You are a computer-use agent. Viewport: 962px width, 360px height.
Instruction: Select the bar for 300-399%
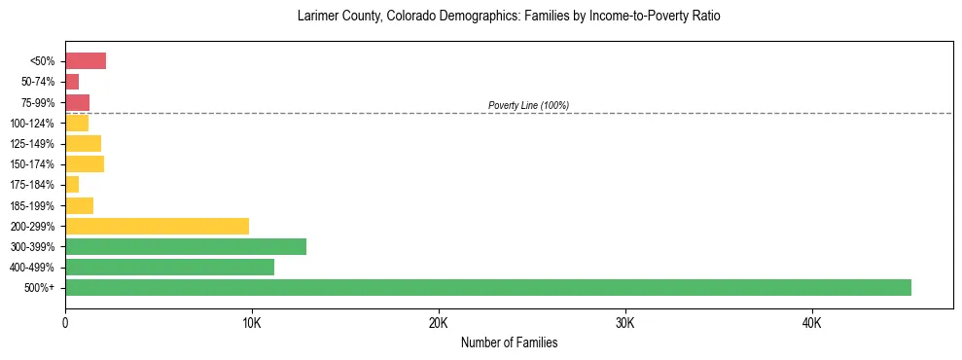tap(186, 246)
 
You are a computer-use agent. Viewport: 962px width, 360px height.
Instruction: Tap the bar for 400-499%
tap(169, 267)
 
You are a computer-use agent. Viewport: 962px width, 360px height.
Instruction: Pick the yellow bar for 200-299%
tap(157, 226)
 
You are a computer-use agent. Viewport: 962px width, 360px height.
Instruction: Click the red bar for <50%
tap(86, 61)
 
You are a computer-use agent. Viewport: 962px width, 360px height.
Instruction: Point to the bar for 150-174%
tap(85, 164)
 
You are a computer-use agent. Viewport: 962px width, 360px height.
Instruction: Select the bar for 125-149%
tap(83, 144)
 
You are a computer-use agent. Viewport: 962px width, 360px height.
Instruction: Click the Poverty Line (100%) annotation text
tap(528, 105)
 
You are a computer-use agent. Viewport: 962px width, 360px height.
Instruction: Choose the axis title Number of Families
tap(509, 343)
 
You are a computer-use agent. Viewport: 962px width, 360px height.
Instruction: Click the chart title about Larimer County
tap(509, 17)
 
